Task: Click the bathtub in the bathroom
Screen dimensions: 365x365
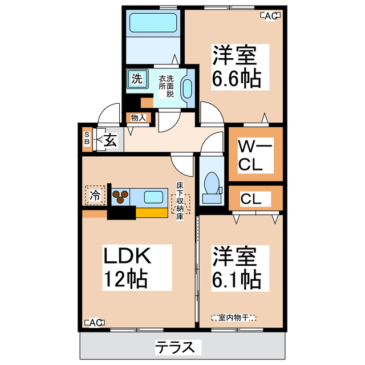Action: coord(151,23)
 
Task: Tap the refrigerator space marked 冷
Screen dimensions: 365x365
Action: coord(95,195)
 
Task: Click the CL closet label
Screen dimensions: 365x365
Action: coord(251,199)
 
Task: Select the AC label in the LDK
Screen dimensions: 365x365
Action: coord(94,323)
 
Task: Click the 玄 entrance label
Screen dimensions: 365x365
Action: coord(111,139)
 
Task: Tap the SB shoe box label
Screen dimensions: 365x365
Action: coord(87,139)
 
